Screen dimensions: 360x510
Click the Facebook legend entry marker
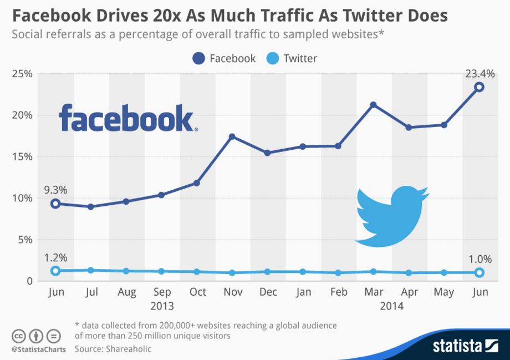[198, 58]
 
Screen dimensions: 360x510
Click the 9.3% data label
[55, 190]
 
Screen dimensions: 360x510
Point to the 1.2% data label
[55, 257]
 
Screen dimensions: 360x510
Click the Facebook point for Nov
[232, 136]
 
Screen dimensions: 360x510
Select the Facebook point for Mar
[374, 105]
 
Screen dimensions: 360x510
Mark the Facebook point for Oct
[197, 183]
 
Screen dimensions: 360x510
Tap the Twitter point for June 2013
[55, 271]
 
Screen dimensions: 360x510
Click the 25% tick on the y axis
[22, 74]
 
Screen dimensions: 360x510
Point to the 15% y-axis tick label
[22, 157]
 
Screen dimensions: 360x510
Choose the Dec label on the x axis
[268, 292]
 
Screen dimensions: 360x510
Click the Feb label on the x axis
[338, 292]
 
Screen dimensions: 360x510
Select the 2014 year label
[391, 306]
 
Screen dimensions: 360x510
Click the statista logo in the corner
[466, 346]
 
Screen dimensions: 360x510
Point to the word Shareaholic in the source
[127, 349]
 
